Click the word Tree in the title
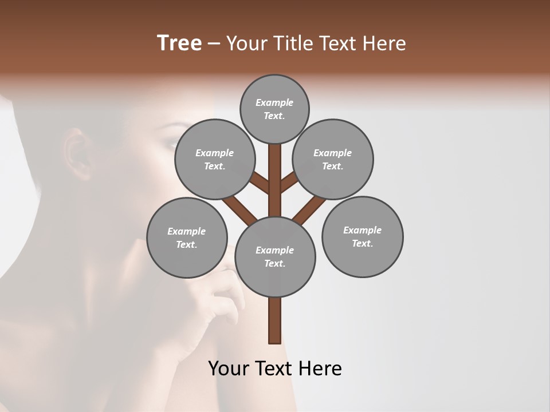tap(179, 43)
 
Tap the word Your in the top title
tap(247, 43)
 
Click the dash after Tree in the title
tap(214, 44)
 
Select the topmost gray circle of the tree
tap(274, 109)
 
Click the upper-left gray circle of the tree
tap(214, 159)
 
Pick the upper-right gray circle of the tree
tap(333, 159)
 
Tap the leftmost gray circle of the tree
tap(187, 237)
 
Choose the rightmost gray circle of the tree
tap(362, 236)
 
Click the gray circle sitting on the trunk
tap(275, 256)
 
